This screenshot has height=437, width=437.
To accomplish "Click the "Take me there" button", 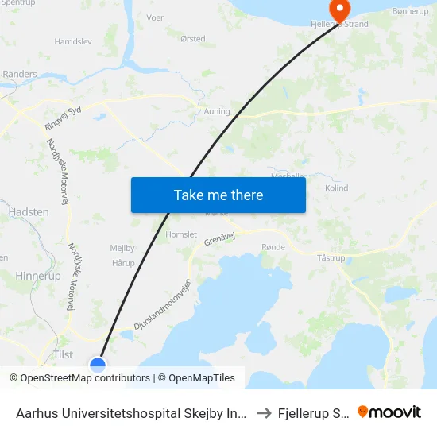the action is click(218, 195).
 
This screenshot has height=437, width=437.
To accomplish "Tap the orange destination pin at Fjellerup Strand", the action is click(339, 11).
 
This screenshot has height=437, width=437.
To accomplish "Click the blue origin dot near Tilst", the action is click(98, 365).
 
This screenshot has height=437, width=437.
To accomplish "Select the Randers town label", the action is click(20, 74).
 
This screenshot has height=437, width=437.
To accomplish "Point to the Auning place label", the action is click(217, 111).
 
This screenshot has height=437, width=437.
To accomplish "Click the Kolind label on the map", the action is click(337, 188).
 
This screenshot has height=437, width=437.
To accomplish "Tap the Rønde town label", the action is click(273, 247).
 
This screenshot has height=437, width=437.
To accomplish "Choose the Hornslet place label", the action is click(180, 234).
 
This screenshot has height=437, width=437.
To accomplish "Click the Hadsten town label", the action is click(29, 212).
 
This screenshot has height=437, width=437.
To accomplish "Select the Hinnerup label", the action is click(37, 276).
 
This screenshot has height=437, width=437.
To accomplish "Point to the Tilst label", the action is click(63, 354).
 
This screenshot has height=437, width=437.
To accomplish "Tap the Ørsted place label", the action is click(192, 39).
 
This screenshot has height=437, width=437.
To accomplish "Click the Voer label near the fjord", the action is click(155, 17).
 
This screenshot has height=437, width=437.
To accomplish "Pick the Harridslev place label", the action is click(72, 41).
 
